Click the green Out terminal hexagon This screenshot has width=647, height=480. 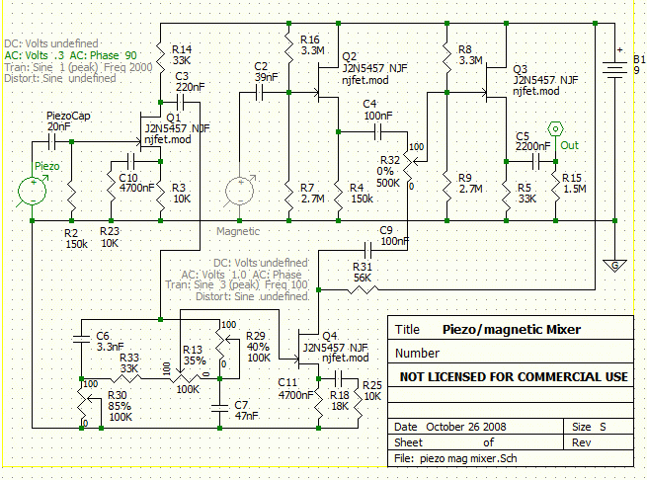coord(555,129)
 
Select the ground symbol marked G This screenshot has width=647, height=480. coord(614,265)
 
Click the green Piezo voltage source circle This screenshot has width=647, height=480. coord(33,191)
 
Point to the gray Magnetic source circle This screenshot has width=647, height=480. coord(239,191)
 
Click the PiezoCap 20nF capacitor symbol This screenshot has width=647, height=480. coord(51,142)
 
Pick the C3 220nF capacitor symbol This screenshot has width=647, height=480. coord(180,102)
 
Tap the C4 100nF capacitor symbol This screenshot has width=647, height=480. coord(378,132)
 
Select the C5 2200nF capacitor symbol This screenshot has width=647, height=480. coord(535,162)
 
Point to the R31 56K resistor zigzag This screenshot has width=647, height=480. coord(364,289)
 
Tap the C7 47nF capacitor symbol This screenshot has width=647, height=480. coord(219,408)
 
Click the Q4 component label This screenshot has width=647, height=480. coord(330,336)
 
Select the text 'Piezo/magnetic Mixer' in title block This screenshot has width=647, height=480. coord(512,329)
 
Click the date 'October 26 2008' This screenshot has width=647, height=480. coord(466,427)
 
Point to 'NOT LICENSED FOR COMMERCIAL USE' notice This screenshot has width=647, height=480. coord(514,377)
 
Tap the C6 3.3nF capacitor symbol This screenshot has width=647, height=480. coord(81,339)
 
